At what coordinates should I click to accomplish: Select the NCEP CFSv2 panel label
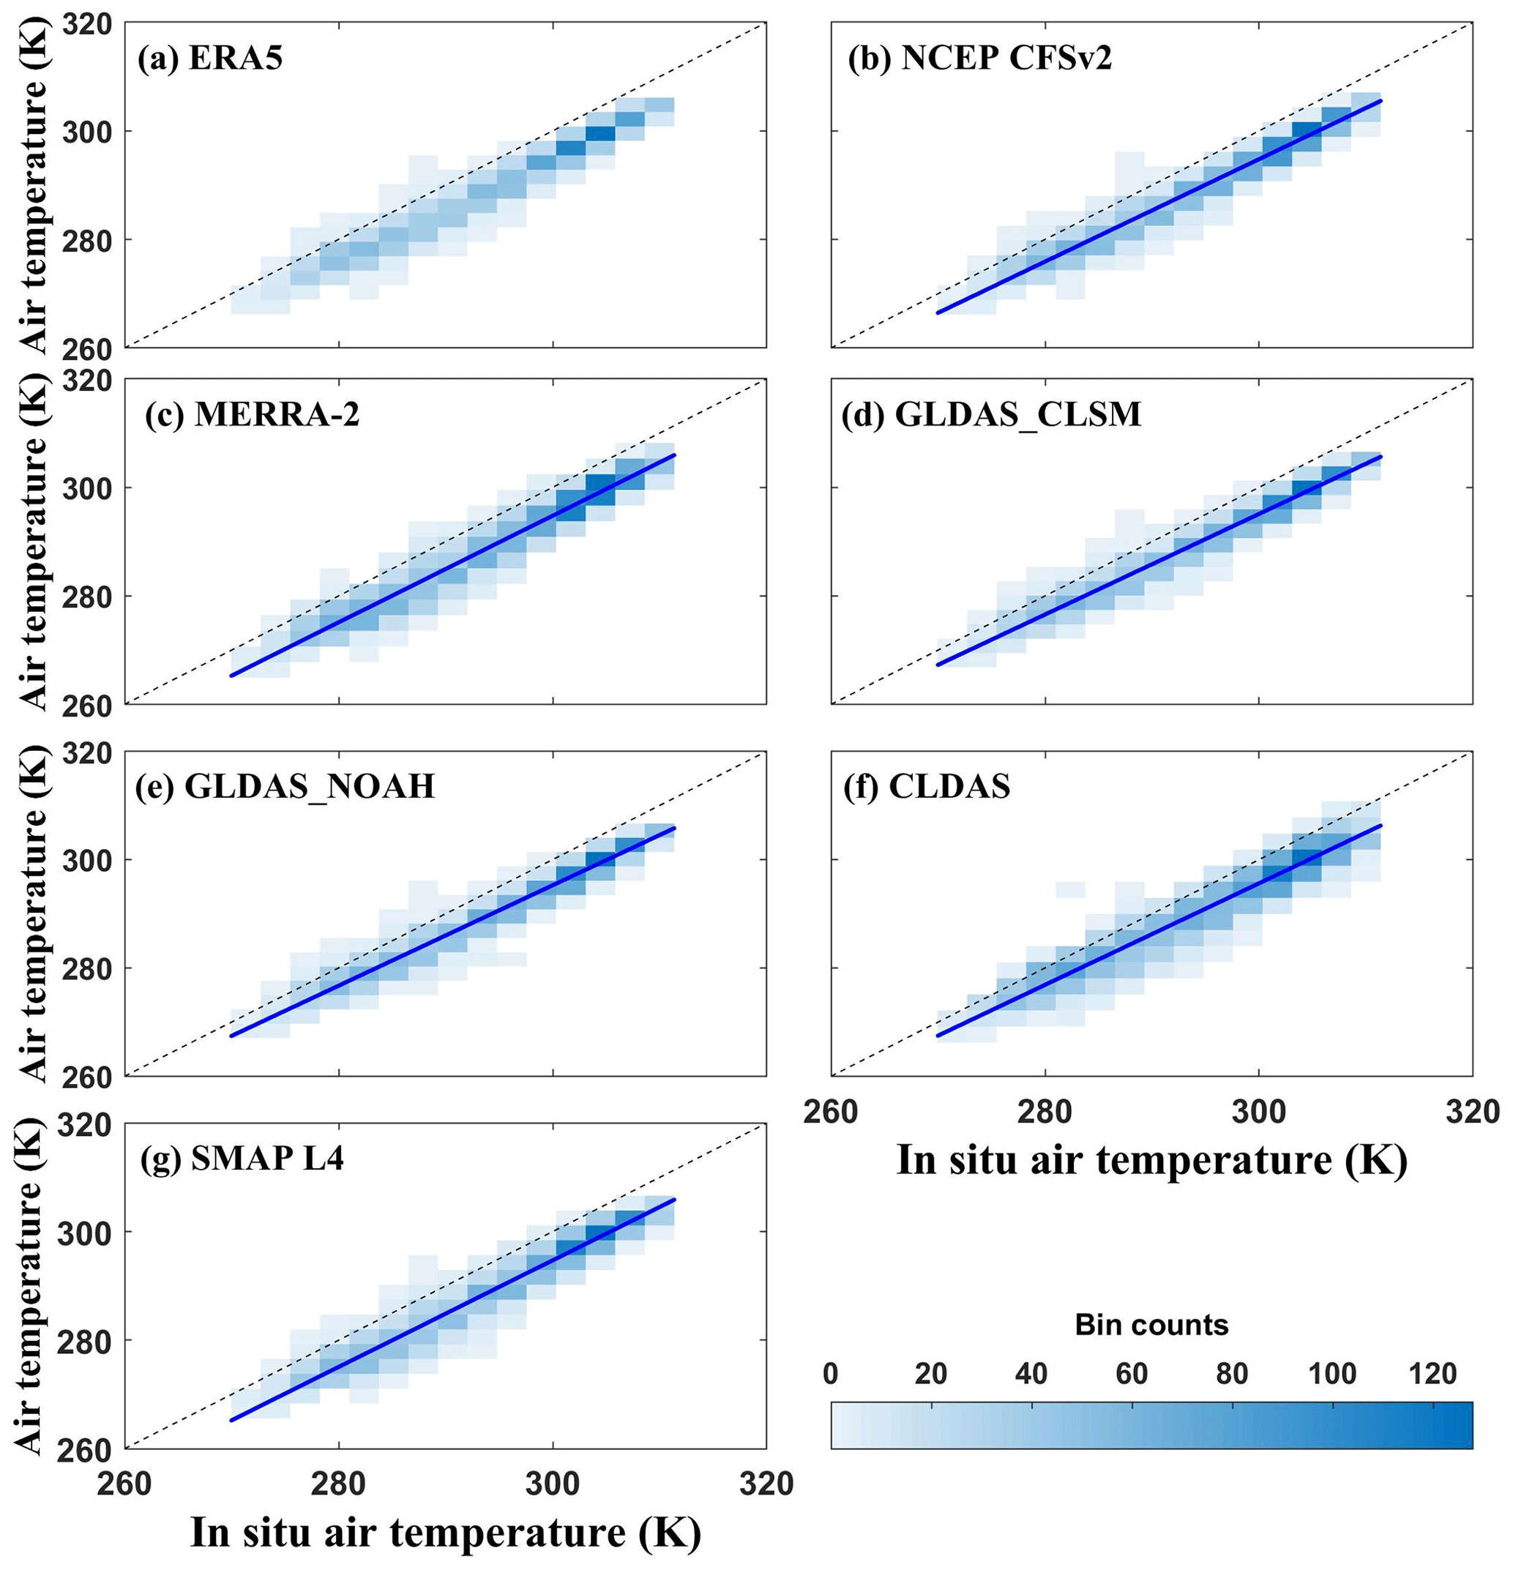click(x=979, y=59)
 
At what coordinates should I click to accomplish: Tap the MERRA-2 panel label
click(x=253, y=416)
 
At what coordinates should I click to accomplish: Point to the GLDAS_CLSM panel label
click(x=991, y=414)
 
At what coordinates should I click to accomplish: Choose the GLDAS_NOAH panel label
click(x=286, y=786)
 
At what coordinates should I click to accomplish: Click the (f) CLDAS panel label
click(x=926, y=787)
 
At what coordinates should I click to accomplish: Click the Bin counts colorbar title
click(x=1151, y=1325)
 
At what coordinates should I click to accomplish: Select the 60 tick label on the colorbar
click(x=1131, y=1375)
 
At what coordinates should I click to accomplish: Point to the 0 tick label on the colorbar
click(x=831, y=1375)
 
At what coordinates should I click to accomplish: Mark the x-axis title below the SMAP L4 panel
click(x=445, y=1533)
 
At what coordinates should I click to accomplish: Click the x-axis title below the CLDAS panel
click(x=1151, y=1160)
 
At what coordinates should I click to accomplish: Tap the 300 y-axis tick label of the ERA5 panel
click(x=82, y=131)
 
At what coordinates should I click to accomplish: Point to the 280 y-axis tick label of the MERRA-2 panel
click(x=82, y=597)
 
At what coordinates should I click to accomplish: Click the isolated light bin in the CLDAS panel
click(x=1070, y=889)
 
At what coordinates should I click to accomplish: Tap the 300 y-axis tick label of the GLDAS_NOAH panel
click(x=82, y=860)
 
